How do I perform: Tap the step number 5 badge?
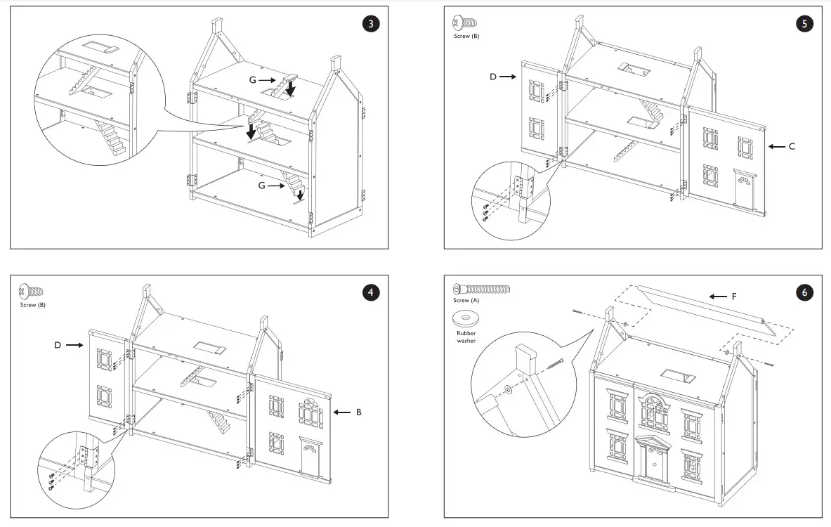805,24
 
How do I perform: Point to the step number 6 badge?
805,292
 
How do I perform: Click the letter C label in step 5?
792,146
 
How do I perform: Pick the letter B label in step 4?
358,412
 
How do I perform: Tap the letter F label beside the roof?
734,297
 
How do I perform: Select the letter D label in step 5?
493,76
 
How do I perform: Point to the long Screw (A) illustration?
482,289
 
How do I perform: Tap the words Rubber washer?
464,336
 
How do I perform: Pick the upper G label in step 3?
252,80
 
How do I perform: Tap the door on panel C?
743,188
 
